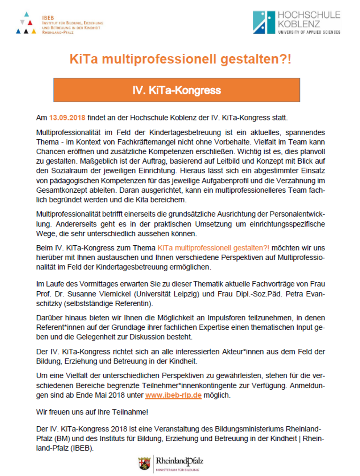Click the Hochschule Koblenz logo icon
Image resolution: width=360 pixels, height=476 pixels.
264,22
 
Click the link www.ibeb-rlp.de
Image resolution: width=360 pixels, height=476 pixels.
173,395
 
